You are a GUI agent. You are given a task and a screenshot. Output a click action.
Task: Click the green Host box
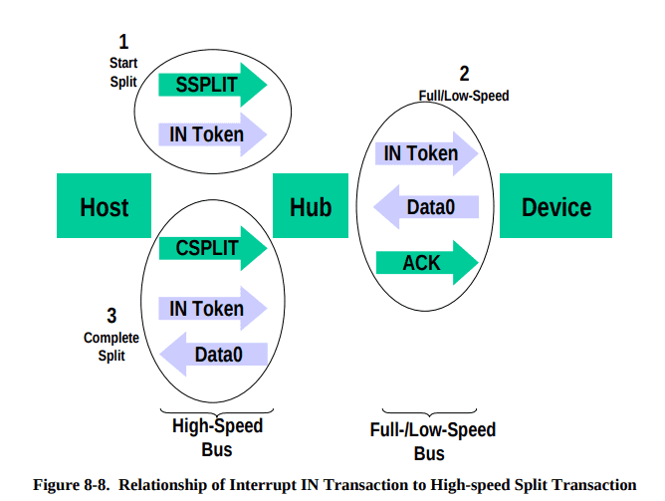104,205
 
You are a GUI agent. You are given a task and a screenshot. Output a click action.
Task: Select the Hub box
311,205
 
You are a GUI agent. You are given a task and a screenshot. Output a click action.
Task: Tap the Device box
555,205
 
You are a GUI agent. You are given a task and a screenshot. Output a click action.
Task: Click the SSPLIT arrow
212,85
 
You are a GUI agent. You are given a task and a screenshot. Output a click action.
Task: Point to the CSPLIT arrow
212,248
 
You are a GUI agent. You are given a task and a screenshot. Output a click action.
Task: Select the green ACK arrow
427,263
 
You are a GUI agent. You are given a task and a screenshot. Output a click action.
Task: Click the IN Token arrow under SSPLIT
212,134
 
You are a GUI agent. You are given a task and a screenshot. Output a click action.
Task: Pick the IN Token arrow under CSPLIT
212,309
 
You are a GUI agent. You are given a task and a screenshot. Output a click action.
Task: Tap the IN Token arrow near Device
427,153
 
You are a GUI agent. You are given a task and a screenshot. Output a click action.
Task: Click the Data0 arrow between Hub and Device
426,207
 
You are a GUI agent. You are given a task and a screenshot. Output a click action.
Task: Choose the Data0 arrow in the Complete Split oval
213,355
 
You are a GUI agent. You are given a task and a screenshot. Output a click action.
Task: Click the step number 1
123,42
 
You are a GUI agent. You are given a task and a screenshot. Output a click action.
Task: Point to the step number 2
464,74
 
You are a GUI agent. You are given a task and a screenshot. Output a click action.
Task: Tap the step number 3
111,316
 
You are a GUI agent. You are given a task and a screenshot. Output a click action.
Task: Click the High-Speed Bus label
217,437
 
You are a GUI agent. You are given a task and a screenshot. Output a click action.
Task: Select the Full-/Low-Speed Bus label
433,441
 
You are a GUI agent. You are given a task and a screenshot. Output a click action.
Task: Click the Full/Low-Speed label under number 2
464,96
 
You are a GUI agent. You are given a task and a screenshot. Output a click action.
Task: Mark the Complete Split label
111,347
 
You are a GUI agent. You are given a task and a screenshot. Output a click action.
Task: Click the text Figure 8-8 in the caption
71,484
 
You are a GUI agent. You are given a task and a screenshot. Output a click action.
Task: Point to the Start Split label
123,72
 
